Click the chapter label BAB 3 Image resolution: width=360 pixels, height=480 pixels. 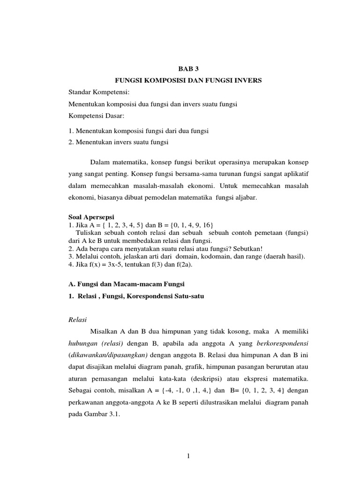click(x=188, y=68)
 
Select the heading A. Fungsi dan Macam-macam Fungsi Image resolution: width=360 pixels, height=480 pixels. click(x=126, y=284)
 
